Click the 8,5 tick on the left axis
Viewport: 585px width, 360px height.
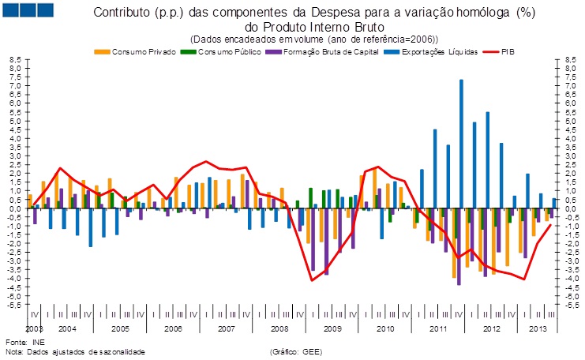[x=14, y=59]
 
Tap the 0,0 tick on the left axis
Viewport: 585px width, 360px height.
[x=14, y=208]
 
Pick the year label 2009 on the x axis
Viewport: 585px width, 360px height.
[x=332, y=328]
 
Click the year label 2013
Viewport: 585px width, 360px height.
[x=537, y=328]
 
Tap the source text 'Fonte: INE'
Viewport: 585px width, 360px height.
[x=25, y=342]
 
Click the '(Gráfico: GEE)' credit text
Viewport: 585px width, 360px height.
[x=296, y=351]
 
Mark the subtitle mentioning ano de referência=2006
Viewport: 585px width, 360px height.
[x=314, y=39]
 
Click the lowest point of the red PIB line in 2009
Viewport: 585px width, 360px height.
[x=312, y=280]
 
